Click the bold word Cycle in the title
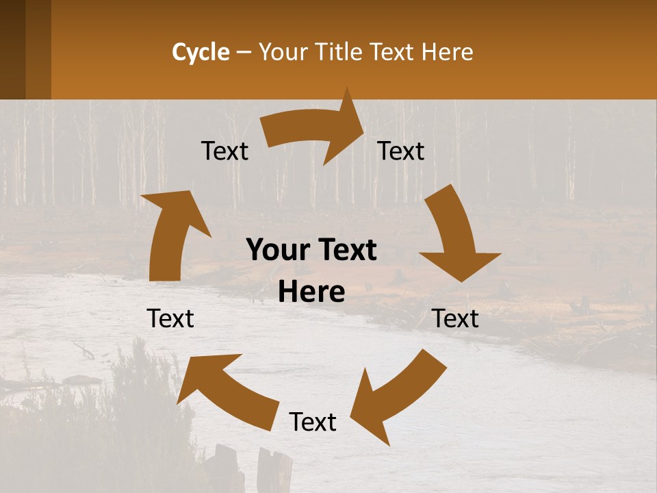(201, 52)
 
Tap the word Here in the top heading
(448, 52)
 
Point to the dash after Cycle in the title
(244, 53)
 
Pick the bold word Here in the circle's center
(311, 292)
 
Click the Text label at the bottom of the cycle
(313, 422)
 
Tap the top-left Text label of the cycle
(224, 151)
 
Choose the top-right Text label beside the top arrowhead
(401, 151)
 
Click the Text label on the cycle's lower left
(170, 318)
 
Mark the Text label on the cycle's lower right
(456, 318)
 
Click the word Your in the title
(284, 52)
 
